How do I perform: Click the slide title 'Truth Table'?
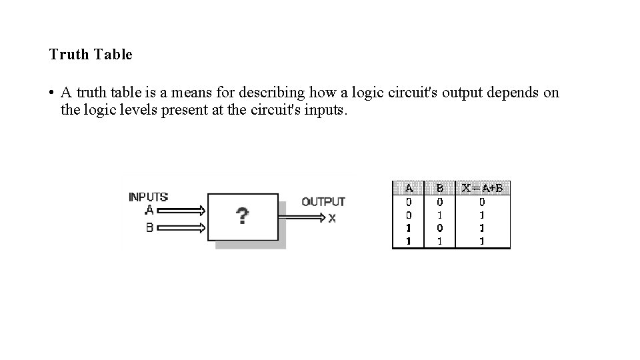(91, 55)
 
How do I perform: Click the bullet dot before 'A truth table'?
(51, 93)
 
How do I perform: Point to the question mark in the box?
(243, 216)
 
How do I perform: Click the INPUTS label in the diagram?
(148, 197)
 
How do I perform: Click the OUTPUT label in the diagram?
(323, 201)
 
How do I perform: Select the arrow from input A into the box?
(181, 211)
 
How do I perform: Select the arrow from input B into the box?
(181, 228)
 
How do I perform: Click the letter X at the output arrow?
(332, 218)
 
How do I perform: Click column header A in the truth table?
(409, 188)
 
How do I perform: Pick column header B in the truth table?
(439, 188)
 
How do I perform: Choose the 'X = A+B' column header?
(482, 188)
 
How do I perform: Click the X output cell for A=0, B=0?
(482, 201)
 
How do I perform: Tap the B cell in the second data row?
(439, 215)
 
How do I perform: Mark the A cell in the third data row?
(409, 228)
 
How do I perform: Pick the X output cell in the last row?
(482, 241)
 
